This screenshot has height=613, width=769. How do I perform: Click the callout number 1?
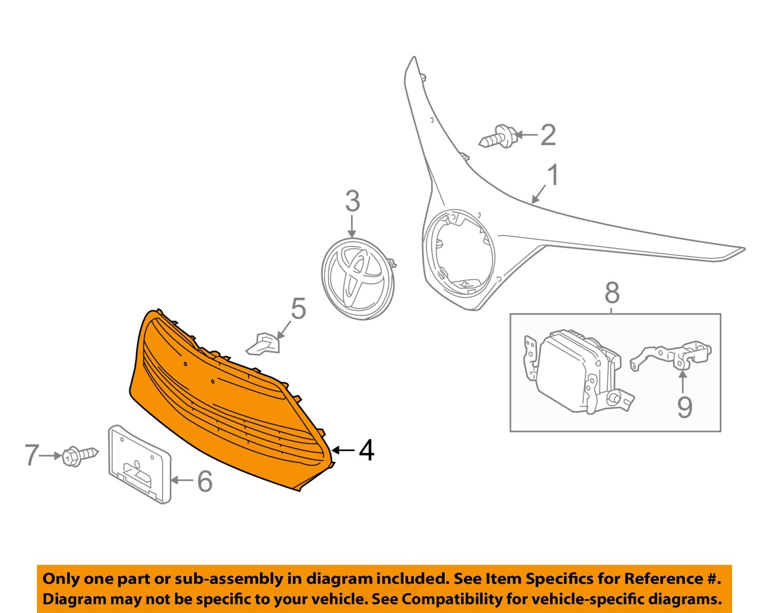coord(552,176)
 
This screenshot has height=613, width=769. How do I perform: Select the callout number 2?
coord(548,135)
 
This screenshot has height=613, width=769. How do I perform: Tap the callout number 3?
coord(352,202)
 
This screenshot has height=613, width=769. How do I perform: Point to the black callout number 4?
coord(366,451)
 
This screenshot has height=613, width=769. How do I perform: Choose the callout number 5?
coord(298,309)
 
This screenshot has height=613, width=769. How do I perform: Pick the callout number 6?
coord(205,481)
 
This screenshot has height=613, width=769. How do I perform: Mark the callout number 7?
coord(32,455)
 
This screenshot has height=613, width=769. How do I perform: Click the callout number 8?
coord(612,293)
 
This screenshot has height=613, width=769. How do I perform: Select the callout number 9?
coord(684,407)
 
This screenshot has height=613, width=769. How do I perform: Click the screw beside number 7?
coord(79,455)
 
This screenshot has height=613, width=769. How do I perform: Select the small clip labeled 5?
coord(264,344)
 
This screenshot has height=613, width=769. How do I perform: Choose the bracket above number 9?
coord(672,355)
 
